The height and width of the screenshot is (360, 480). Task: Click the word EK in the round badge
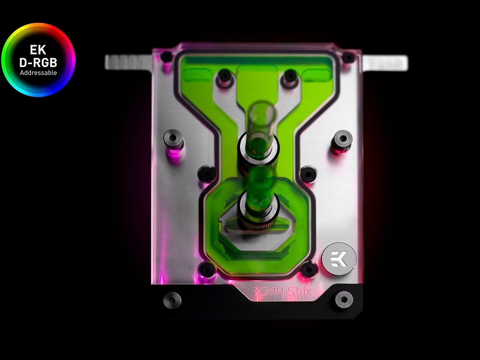(x=38, y=49)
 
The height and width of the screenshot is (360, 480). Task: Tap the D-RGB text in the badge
(x=38, y=62)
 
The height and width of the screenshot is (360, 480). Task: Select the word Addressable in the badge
(x=38, y=73)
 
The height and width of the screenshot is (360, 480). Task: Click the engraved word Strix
(x=300, y=291)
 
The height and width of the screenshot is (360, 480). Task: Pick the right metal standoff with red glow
(x=342, y=141)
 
